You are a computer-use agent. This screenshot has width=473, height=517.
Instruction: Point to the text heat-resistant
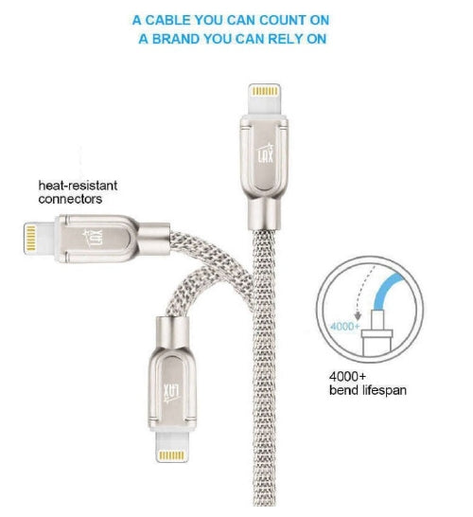click(x=78, y=186)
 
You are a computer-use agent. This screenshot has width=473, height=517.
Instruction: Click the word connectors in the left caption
click(x=70, y=199)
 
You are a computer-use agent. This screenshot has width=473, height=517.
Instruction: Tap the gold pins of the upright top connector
click(x=265, y=91)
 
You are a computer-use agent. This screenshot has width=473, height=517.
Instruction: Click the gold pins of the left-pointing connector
click(x=30, y=238)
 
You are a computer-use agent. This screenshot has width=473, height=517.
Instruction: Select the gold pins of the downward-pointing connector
click(x=171, y=455)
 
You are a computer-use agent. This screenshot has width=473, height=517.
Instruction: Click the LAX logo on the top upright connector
click(x=266, y=153)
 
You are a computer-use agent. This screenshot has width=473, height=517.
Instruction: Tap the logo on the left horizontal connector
click(x=93, y=238)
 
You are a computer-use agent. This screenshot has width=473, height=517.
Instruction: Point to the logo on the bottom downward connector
click(x=171, y=393)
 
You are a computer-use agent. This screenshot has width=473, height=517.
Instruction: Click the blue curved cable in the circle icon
click(x=385, y=290)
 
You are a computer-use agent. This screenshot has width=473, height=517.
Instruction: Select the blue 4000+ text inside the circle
click(x=344, y=327)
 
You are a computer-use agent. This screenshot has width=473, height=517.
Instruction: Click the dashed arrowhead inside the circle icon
click(x=358, y=317)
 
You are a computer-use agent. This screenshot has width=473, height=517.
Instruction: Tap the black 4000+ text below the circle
click(x=347, y=376)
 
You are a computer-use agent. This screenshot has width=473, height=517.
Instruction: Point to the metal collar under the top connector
click(x=265, y=213)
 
